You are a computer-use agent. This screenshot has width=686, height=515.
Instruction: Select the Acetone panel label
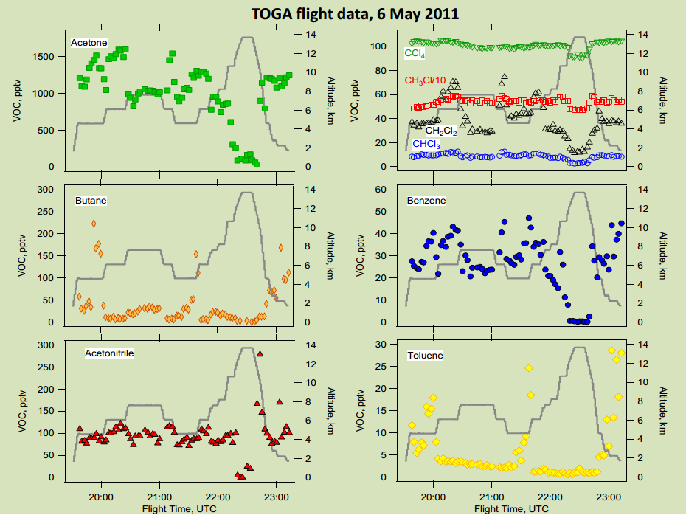coord(89,43)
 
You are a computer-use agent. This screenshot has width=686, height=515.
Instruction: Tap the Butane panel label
coord(91,200)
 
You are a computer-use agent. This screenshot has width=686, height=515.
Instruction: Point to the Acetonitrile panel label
coord(109,353)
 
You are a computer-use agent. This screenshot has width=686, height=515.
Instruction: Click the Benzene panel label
coord(426,200)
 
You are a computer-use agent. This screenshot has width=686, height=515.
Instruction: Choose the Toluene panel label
coord(426,356)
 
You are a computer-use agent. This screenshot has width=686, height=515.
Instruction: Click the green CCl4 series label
coord(415,54)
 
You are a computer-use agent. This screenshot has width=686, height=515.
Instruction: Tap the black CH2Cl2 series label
coord(441,131)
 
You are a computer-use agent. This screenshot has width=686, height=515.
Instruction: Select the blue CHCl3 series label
coord(426,145)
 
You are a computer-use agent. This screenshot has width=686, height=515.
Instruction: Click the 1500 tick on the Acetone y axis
coord(43,57)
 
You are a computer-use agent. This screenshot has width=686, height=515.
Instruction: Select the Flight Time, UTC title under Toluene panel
coord(512,508)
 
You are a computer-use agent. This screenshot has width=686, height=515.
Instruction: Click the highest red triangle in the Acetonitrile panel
coord(260,353)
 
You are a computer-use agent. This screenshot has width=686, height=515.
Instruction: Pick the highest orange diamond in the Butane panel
coord(94,224)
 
